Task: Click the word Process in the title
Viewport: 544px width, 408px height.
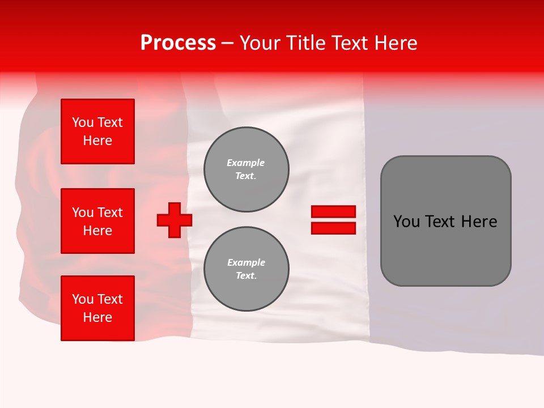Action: tap(178, 43)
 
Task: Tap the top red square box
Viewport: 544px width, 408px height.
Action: tap(97, 131)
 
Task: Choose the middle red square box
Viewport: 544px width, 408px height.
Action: tap(97, 221)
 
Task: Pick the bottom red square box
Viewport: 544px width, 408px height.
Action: tap(97, 308)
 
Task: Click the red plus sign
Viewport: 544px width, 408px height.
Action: tap(175, 220)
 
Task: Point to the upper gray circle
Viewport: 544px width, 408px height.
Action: tap(246, 169)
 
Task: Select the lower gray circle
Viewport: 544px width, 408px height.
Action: tap(246, 269)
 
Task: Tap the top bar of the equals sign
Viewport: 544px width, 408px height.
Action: tap(333, 211)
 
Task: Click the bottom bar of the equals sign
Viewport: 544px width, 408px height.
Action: tap(333, 228)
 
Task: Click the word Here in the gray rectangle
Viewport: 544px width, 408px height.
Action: tap(479, 222)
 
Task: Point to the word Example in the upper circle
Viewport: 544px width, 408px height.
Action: tap(246, 163)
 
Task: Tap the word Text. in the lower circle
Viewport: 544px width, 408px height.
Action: tap(246, 276)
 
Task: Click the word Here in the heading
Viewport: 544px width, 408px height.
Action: tap(397, 43)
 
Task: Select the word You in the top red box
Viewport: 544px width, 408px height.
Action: tap(82, 122)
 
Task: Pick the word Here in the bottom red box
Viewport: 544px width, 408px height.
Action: tap(97, 317)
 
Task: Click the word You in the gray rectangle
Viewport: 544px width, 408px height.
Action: tap(406, 222)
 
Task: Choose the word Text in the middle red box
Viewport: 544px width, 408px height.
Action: tap(109, 212)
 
